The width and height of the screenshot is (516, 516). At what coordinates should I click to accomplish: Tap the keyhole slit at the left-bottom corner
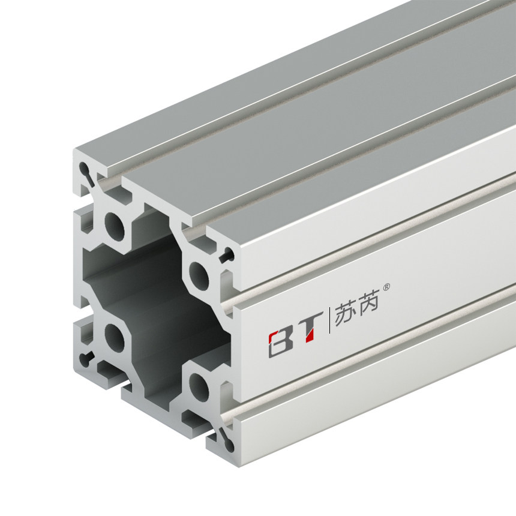click(x=88, y=359)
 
